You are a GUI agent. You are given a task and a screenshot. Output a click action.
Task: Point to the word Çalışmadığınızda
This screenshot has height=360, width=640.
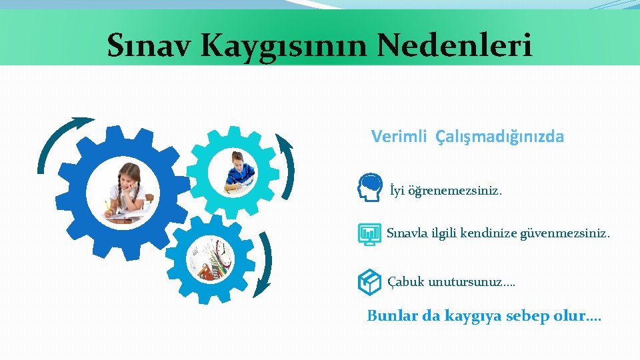pyautogui.click(x=499, y=137)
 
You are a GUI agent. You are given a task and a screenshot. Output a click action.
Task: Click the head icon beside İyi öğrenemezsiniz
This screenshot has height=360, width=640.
pyautogui.click(x=370, y=187)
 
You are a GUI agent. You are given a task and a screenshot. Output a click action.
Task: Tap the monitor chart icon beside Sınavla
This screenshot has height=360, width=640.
pyautogui.click(x=369, y=234)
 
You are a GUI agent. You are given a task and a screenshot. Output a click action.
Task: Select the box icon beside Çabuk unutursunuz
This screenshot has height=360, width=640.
pyautogui.click(x=369, y=282)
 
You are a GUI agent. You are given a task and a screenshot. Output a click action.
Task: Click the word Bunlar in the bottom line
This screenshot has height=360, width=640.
pyautogui.click(x=393, y=315)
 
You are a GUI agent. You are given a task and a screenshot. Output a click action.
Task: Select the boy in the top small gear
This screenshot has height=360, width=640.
pyautogui.click(x=238, y=171)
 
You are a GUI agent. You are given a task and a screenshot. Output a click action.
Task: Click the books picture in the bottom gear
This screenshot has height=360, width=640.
pyautogui.click(x=211, y=259)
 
